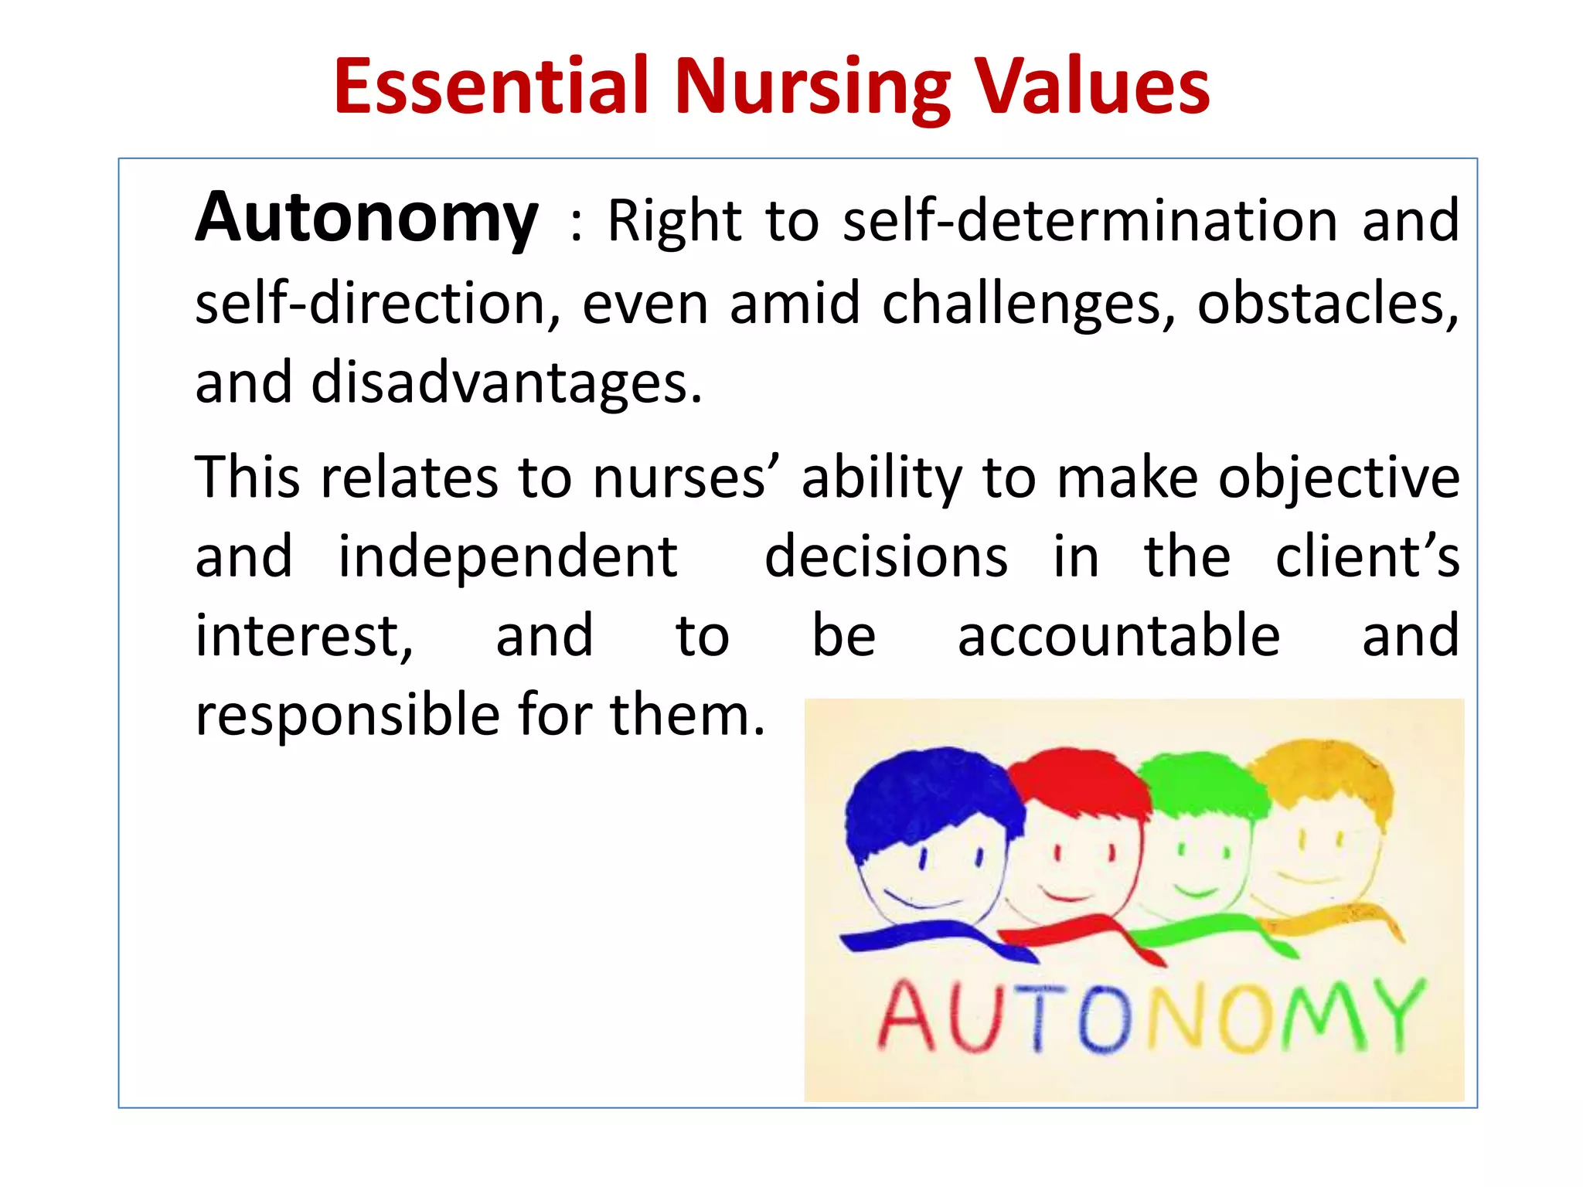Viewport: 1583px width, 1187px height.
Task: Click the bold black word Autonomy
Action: click(x=366, y=219)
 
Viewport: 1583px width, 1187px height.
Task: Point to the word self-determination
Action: click(x=1090, y=221)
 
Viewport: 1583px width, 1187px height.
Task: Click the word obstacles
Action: click(x=1326, y=304)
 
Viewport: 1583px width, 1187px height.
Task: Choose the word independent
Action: click(x=508, y=557)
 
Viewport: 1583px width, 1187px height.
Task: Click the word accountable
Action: click(x=1118, y=636)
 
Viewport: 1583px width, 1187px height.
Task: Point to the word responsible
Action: click(x=348, y=716)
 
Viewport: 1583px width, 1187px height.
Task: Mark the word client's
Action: click(x=1367, y=557)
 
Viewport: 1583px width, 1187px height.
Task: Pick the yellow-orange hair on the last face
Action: click(x=1322, y=773)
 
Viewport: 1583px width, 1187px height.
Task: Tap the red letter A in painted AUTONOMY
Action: click(x=906, y=1019)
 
